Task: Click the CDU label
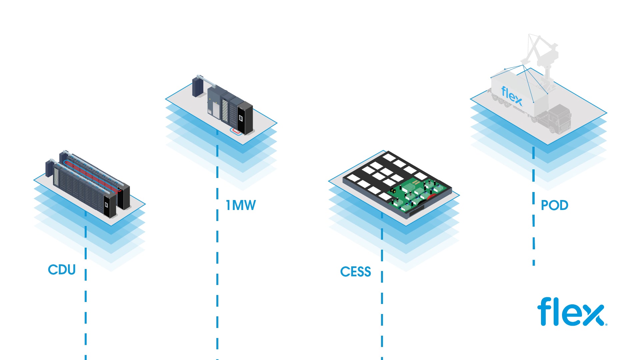point(62,270)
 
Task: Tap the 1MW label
point(241,205)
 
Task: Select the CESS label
point(355,272)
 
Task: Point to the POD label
point(554,205)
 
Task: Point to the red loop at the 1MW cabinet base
point(237,131)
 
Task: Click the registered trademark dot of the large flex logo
point(606,324)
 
